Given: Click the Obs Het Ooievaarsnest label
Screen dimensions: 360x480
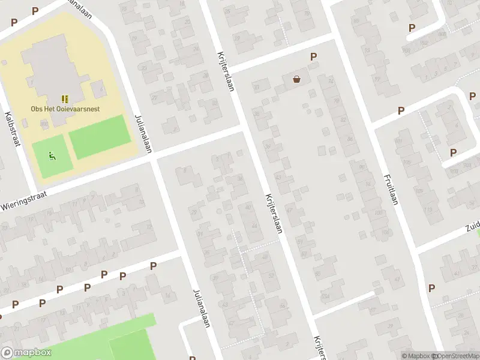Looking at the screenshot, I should click(x=65, y=109).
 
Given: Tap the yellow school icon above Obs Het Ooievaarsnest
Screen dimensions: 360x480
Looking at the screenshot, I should click(x=65, y=99).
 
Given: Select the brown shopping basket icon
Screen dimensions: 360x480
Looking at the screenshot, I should click(x=296, y=79).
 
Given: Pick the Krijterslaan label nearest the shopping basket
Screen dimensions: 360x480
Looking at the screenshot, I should click(x=224, y=72).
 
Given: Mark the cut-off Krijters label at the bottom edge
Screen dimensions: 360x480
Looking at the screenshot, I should click(x=317, y=348).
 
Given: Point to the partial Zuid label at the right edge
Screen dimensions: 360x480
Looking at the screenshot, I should click(x=472, y=227).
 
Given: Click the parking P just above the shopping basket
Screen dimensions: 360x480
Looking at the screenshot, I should click(x=313, y=57).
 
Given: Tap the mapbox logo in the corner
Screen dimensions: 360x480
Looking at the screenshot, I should click(x=26, y=353).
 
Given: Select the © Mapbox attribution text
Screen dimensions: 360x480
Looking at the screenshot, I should click(x=416, y=356).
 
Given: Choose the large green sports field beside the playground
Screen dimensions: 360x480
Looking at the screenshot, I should click(x=100, y=136).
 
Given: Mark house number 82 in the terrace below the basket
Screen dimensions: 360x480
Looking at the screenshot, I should click(x=343, y=119).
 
